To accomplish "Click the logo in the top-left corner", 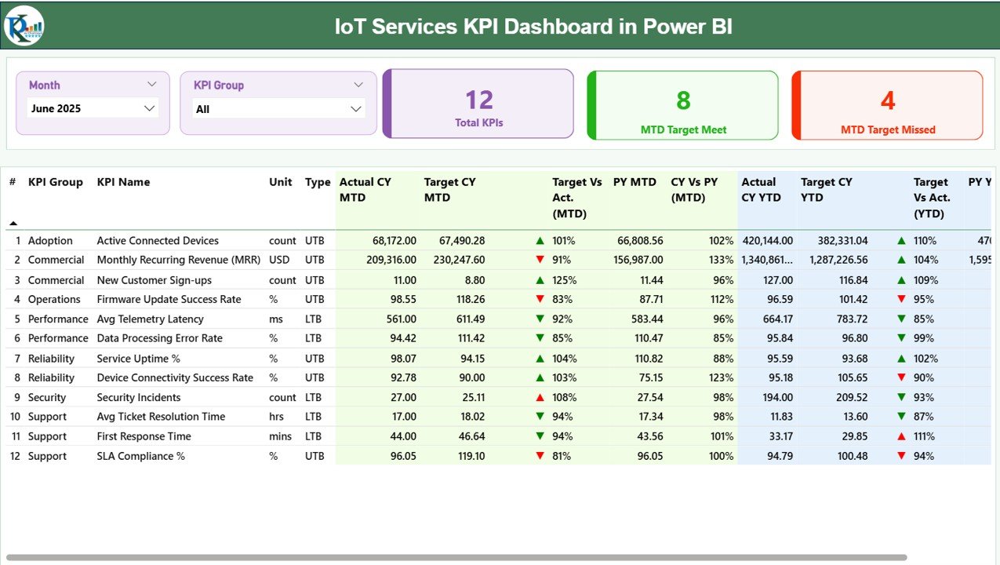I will tap(24, 26).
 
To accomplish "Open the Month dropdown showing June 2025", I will tap(93, 108).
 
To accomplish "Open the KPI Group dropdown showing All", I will tap(278, 109).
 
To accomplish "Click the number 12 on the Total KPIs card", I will tap(478, 100).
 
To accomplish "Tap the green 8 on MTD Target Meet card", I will tap(683, 100).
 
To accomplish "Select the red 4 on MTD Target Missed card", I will tap(888, 100).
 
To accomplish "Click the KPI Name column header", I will tap(123, 182).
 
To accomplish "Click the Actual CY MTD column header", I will tap(365, 190).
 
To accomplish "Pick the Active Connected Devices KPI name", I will tap(158, 241).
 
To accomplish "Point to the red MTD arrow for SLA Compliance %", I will tap(540, 456).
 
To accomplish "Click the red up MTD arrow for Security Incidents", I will tap(540, 398).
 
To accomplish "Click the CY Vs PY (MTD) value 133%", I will tap(720, 260).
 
